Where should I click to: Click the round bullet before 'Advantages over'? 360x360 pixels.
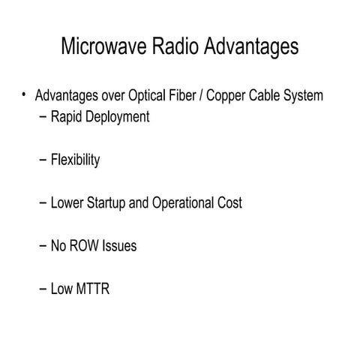[x=24, y=94]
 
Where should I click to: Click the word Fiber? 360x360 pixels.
[x=181, y=96]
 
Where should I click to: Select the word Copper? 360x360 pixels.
[x=226, y=96]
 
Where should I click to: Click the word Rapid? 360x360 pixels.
[x=66, y=117]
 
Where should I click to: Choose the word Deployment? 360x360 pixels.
[x=115, y=118]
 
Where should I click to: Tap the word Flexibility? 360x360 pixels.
[x=75, y=160]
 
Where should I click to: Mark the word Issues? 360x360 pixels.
[x=121, y=245]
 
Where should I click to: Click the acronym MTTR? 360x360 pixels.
[x=91, y=288]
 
